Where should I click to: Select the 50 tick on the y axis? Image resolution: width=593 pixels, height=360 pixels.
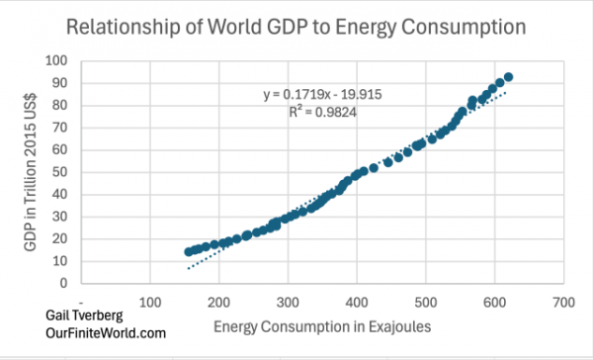(64, 172)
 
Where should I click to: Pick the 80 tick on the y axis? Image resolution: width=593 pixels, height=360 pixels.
(64, 106)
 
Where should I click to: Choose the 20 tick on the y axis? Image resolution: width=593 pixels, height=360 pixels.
(64, 238)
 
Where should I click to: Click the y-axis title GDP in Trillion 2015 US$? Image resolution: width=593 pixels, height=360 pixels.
(32, 170)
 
